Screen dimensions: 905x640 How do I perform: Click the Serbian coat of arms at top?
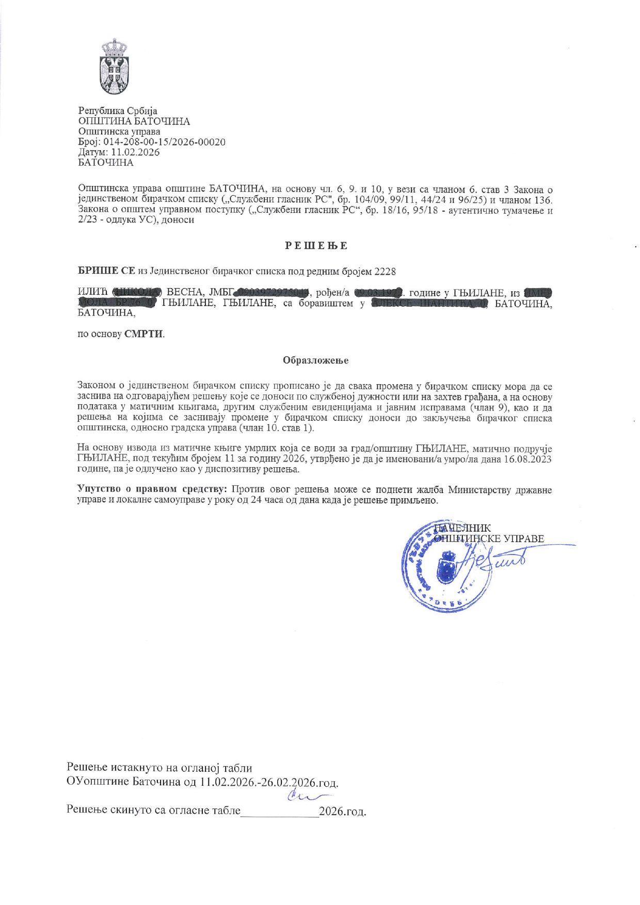115,67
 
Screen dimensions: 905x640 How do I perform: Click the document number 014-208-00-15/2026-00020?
165,142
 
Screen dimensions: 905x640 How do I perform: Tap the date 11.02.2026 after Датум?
136,152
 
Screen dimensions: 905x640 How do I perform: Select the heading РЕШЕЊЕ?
316,246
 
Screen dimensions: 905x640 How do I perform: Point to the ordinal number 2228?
385,271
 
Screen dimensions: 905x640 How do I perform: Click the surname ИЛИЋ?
93,293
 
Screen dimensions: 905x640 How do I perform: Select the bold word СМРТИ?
143,334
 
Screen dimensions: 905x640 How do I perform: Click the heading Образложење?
315,360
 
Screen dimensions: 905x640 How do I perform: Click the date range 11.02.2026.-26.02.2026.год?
269,782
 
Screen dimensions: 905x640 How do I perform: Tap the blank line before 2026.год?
280,811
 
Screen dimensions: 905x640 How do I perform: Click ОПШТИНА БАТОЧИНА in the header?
134,121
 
